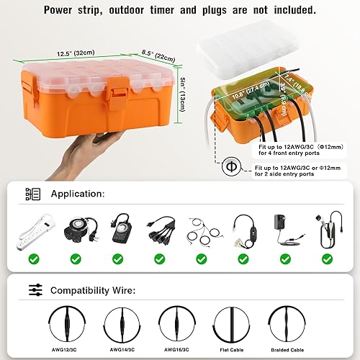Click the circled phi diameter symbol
[231, 166]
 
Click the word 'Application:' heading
[78, 194]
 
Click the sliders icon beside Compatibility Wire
[34, 290]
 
